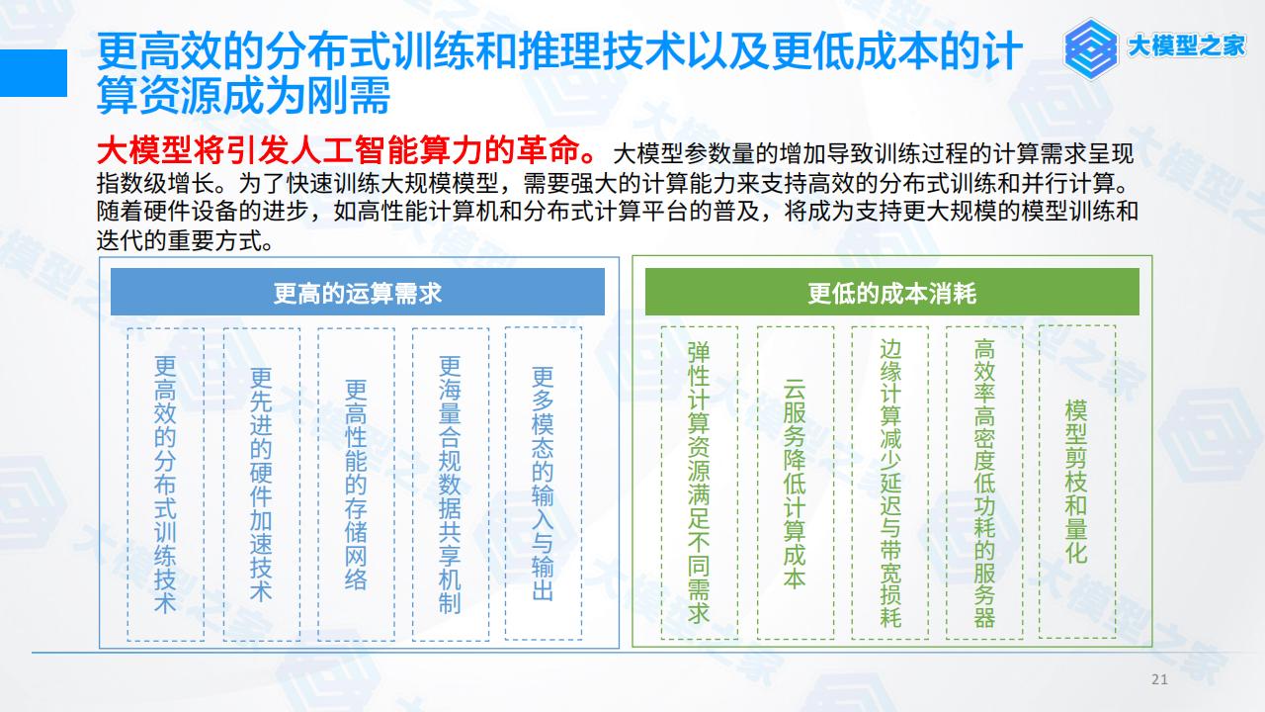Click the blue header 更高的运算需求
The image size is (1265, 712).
pyautogui.click(x=358, y=292)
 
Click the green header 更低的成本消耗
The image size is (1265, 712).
pyautogui.click(x=892, y=292)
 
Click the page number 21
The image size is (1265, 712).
pyautogui.click(x=1159, y=679)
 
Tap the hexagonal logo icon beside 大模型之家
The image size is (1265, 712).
pyautogui.click(x=1090, y=48)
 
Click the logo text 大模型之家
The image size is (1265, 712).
pyautogui.click(x=1187, y=45)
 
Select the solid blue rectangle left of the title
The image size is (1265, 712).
pyautogui.click(x=34, y=73)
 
